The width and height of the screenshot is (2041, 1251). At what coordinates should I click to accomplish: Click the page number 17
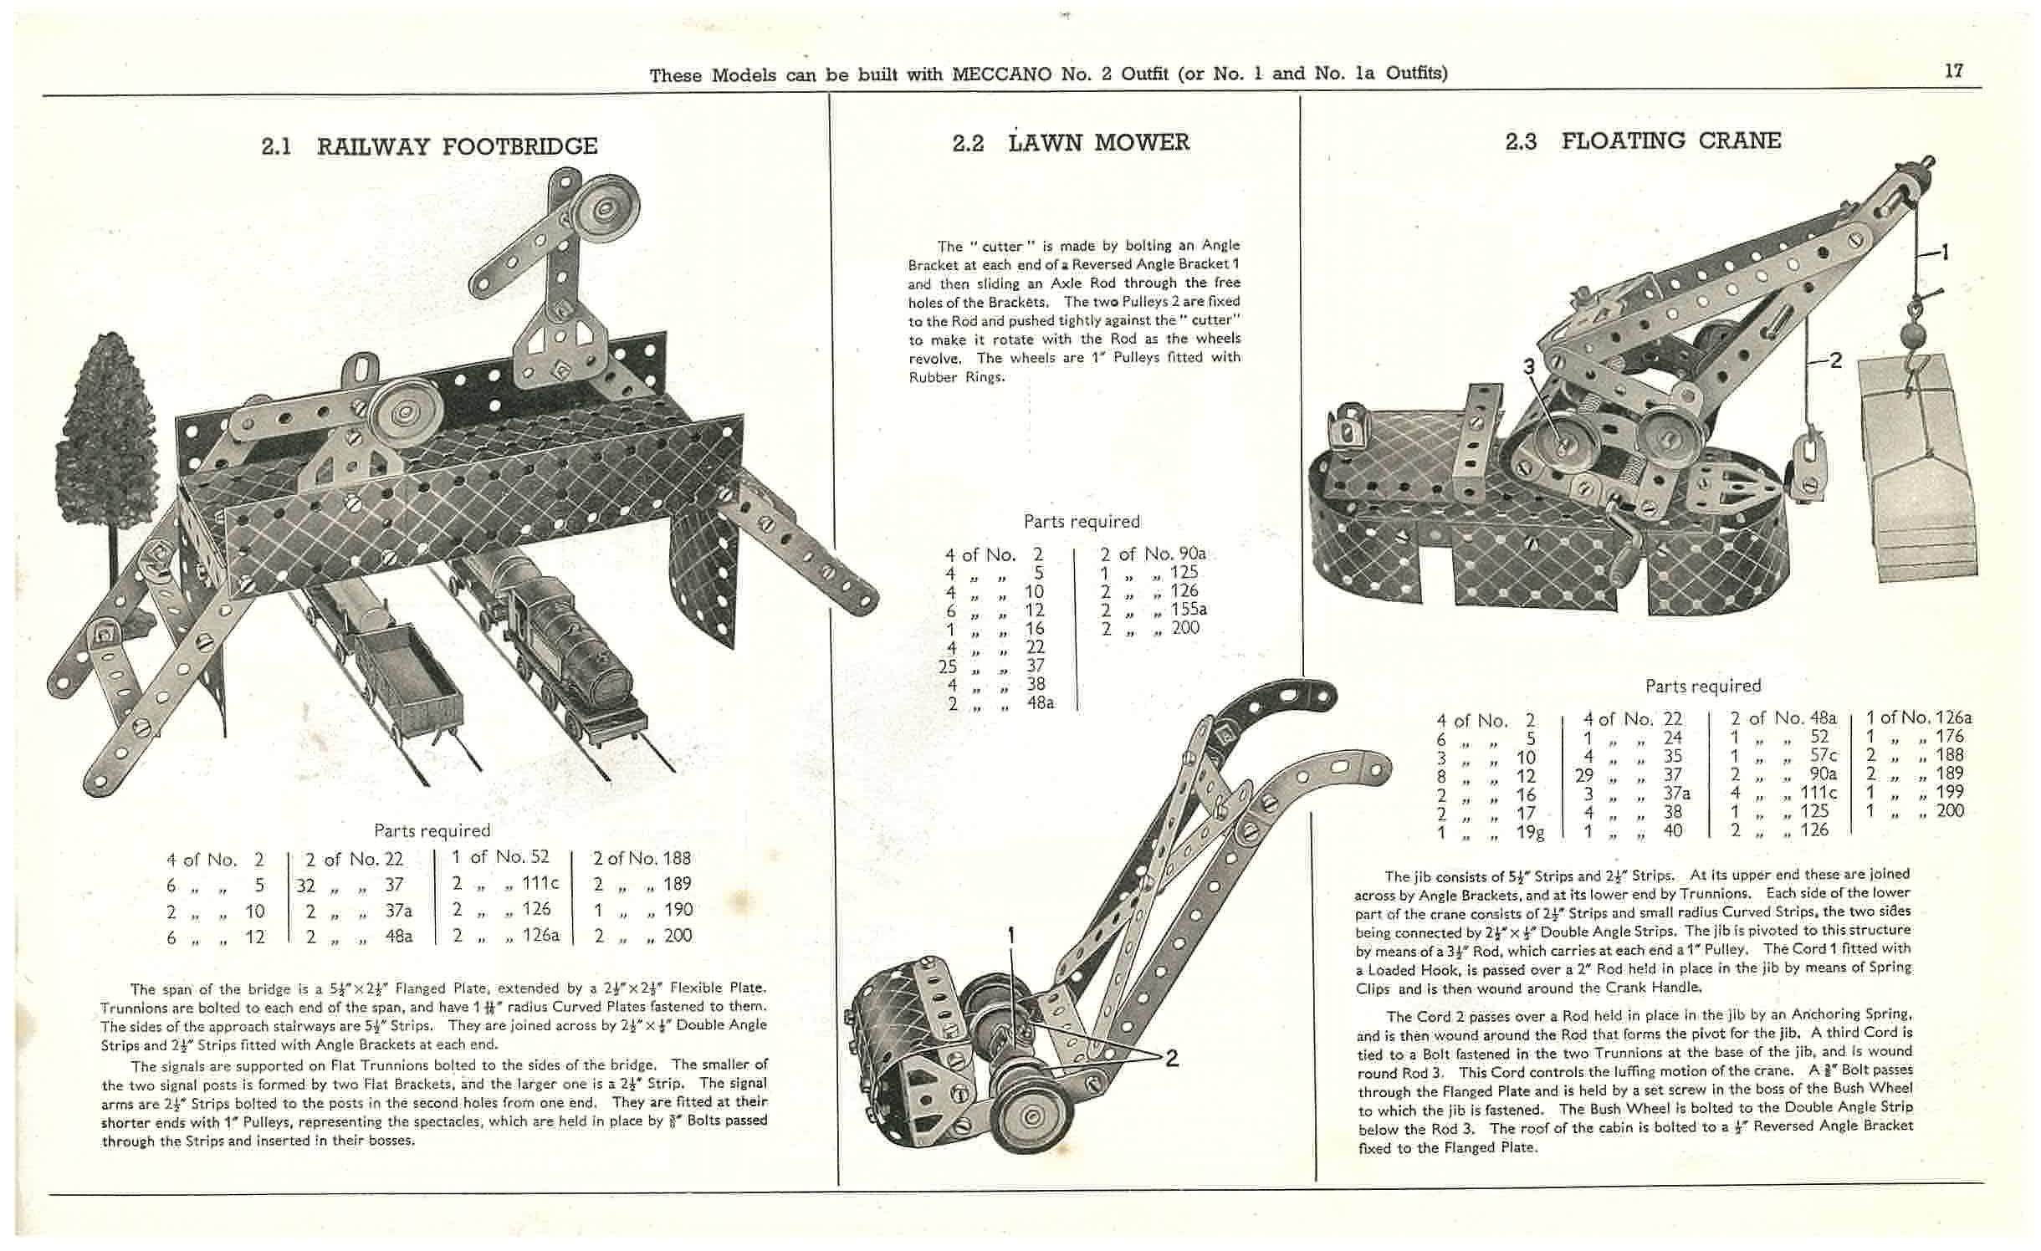(x=1953, y=71)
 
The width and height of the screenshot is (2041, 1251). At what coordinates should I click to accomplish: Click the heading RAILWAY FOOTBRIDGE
(x=457, y=146)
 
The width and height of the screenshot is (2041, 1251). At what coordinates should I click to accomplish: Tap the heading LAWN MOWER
(x=1098, y=142)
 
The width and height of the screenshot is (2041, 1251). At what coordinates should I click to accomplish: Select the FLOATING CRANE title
(x=1670, y=140)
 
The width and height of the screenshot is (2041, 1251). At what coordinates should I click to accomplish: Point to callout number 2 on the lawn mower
(x=1171, y=1059)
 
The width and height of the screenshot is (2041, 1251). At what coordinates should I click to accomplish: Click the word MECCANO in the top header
(x=1003, y=74)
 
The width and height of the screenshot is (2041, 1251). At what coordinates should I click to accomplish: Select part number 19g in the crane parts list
(x=1530, y=831)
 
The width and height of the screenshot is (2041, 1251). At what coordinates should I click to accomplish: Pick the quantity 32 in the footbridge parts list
(x=305, y=884)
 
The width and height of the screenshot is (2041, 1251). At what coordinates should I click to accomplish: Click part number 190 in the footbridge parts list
(x=677, y=909)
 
